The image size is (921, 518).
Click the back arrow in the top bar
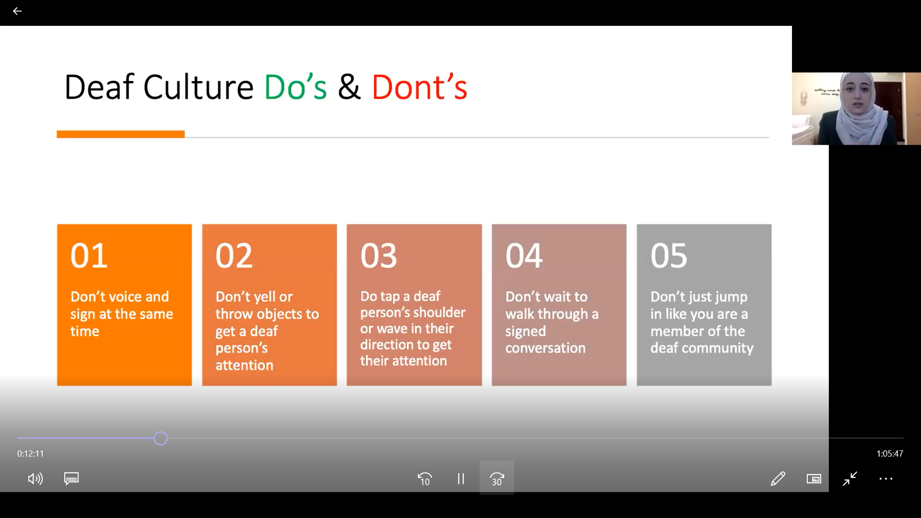coord(17,11)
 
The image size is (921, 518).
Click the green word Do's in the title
coord(295,87)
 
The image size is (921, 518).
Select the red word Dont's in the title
coord(419,87)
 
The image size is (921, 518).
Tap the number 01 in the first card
coord(89,255)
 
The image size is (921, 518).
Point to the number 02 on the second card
coord(234,255)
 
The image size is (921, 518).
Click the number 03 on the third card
coord(379,255)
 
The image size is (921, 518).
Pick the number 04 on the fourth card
coord(524,255)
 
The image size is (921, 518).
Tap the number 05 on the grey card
coord(669,255)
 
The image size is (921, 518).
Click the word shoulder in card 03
coord(439,312)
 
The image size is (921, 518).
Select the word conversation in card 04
coord(545,348)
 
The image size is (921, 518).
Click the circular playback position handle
coord(161,438)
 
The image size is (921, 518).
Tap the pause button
coord(460,479)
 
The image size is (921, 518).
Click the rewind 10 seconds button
coord(425,479)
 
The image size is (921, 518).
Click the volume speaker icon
coord(35,479)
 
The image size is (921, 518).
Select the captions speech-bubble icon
coord(71,479)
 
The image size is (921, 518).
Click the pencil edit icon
coord(778,479)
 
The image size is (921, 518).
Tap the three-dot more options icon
coord(886,479)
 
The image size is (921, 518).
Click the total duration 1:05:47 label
coord(890,454)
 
